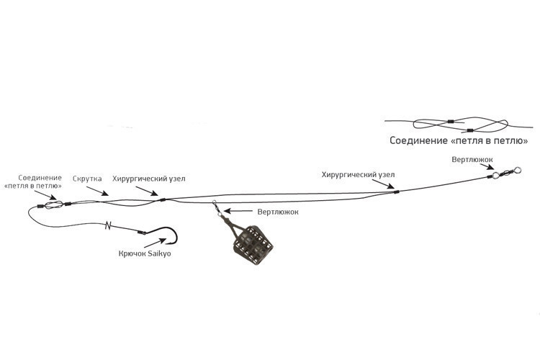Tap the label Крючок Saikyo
point(145,253)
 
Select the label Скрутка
point(87,179)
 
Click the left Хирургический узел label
point(149,179)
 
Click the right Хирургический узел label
point(358,175)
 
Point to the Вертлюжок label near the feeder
point(278,212)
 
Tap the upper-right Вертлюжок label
point(472,160)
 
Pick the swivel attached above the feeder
point(217,208)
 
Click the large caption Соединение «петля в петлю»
point(459,140)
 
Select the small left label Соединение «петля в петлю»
point(33,182)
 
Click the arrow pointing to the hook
point(155,243)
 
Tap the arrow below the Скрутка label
point(97,191)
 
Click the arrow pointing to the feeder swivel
point(238,211)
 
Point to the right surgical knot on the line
point(397,192)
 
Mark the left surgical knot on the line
point(163,200)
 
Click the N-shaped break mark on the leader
point(108,225)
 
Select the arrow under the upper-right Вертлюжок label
point(487,167)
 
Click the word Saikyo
point(159,253)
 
